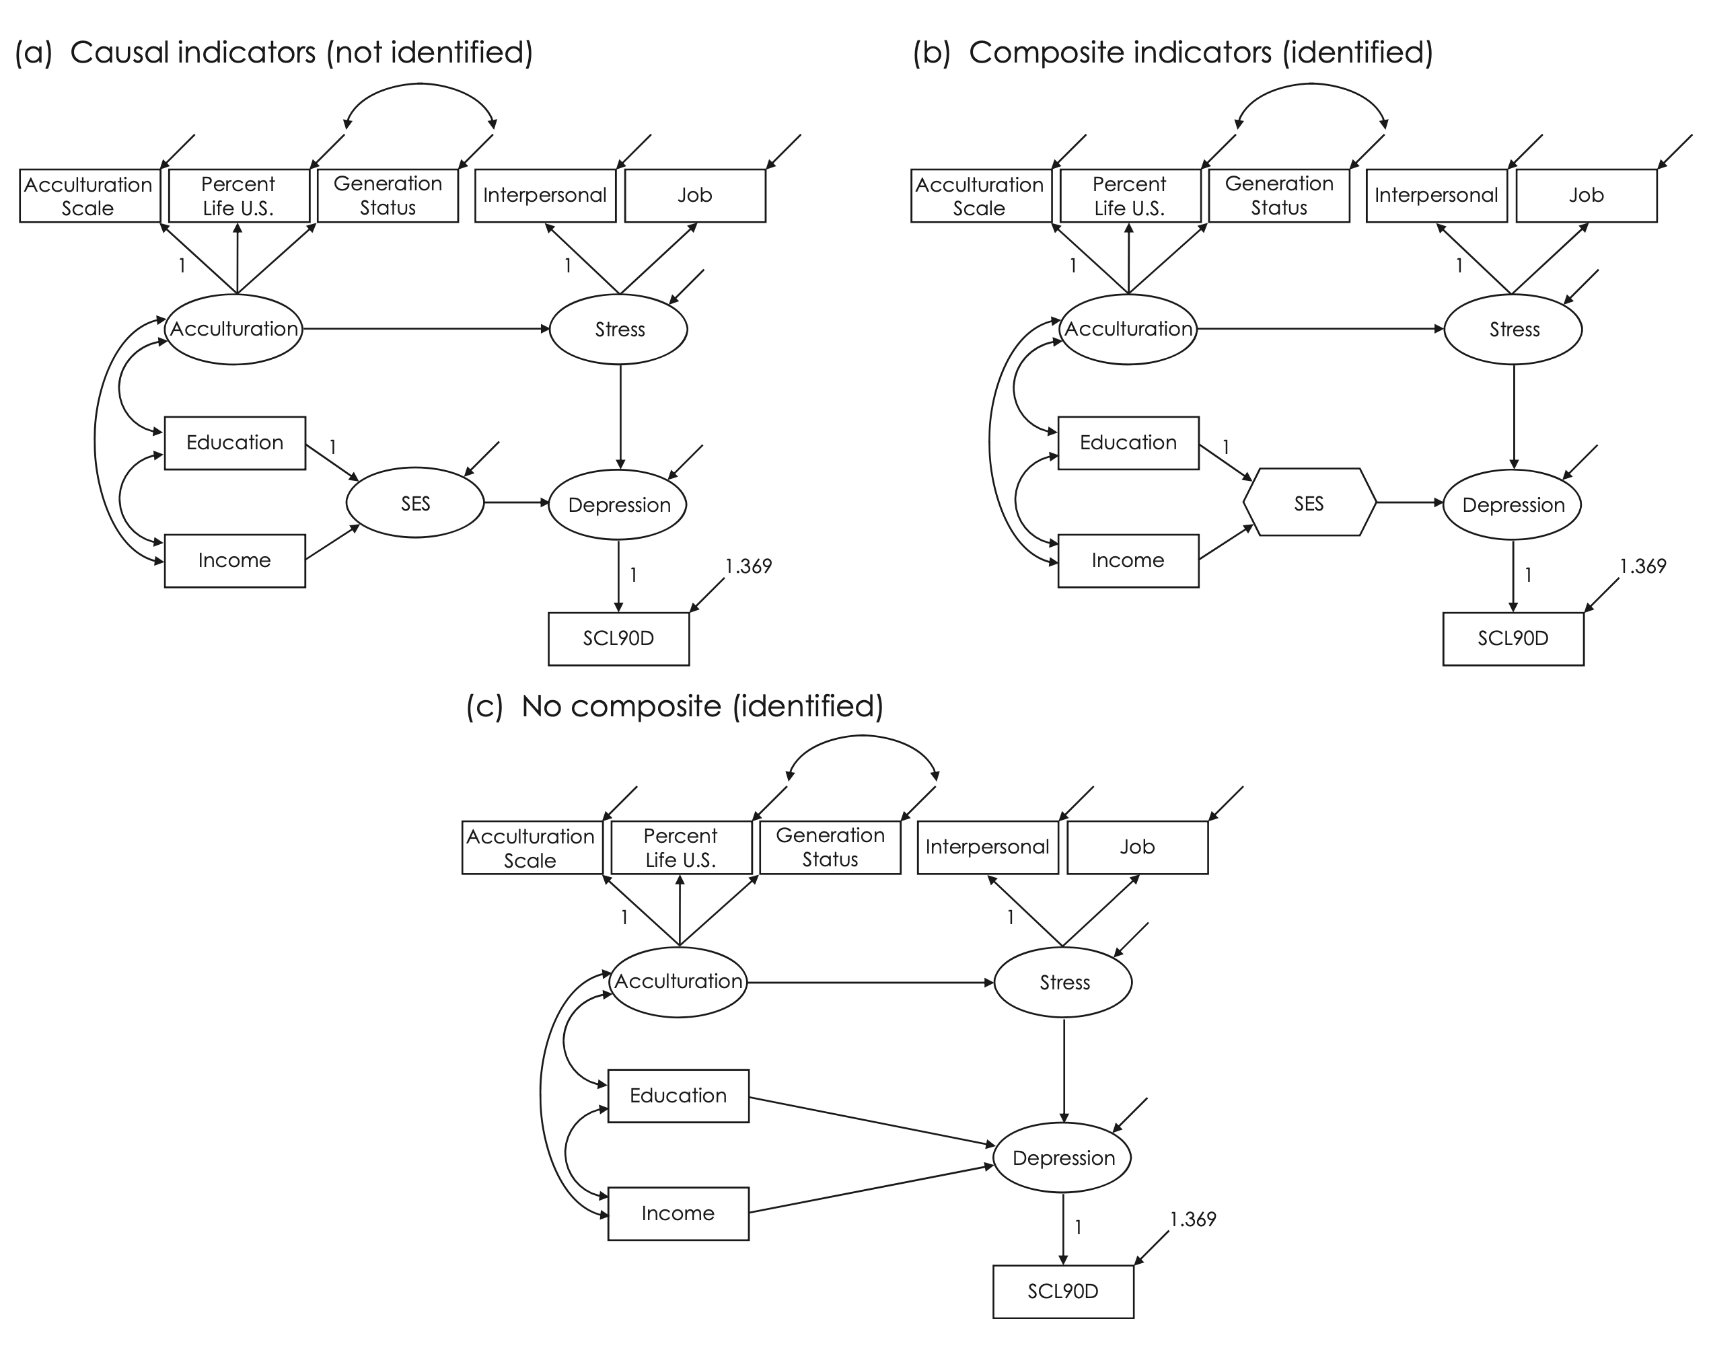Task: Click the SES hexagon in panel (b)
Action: click(x=1309, y=502)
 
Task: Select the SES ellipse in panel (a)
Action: click(x=414, y=503)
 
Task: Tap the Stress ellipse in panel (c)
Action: click(x=1063, y=982)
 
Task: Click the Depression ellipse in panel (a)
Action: click(x=618, y=505)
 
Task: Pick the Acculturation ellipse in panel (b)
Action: click(x=1128, y=329)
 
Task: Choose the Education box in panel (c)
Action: click(x=678, y=1095)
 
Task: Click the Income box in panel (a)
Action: click(x=235, y=560)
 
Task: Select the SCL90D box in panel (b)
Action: click(x=1513, y=638)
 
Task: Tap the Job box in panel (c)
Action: click(x=1136, y=847)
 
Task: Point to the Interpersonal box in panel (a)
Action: click(x=544, y=195)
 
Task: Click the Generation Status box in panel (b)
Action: click(x=1278, y=195)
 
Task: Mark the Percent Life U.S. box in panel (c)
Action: click(x=680, y=847)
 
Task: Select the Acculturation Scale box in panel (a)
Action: click(x=89, y=196)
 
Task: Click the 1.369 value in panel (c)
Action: click(x=1192, y=1219)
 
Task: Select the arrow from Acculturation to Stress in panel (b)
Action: click(x=1320, y=328)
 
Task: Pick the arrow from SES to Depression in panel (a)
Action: click(x=516, y=502)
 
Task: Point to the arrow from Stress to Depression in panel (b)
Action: click(x=1513, y=416)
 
